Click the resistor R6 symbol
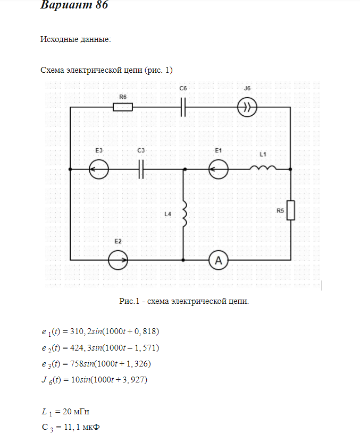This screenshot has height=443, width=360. [x=123, y=107]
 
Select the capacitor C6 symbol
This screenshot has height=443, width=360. [x=183, y=107]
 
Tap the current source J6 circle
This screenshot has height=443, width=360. [x=247, y=107]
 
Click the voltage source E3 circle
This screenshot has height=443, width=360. [x=99, y=170]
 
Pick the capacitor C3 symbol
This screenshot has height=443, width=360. [x=141, y=170]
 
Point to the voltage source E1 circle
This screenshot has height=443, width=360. [x=219, y=170]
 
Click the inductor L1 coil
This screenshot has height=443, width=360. [x=263, y=169]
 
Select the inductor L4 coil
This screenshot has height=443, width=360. [x=185, y=214]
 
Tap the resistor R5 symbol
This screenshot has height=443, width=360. [x=290, y=210]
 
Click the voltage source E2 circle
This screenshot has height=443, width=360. [x=118, y=260]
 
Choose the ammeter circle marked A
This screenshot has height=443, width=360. [x=218, y=260]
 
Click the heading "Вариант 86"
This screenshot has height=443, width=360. [x=74, y=6]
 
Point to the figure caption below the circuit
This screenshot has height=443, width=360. [x=184, y=301]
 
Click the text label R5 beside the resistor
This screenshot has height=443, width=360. [x=280, y=211]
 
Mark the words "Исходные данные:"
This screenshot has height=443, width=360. [x=76, y=39]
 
